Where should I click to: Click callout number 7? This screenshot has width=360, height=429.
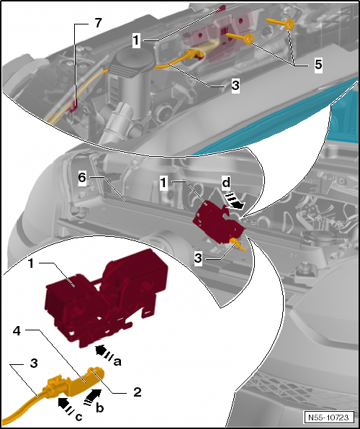tap(99, 23)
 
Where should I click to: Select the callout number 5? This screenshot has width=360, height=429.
tap(318, 64)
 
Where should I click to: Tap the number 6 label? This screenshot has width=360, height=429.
tap(82, 178)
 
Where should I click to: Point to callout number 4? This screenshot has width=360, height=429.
tap(17, 331)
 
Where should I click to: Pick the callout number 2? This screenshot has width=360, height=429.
tap(137, 392)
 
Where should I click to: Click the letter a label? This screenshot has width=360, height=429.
tap(117, 362)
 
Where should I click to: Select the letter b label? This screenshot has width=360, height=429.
tap(100, 408)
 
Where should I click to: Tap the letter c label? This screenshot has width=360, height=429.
tap(78, 417)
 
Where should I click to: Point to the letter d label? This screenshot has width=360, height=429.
tap(226, 183)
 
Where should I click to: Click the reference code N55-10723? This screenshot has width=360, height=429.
tap(328, 417)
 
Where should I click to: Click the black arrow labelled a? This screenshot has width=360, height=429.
tap(104, 353)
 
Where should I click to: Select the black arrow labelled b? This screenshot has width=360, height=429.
tap(93, 397)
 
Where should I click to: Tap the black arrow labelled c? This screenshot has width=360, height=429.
tap(66, 405)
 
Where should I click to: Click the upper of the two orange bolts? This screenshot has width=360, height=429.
tap(281, 23)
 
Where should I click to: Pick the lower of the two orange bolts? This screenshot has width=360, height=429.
tap(240, 38)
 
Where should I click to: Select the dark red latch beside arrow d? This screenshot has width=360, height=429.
tap(218, 222)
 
